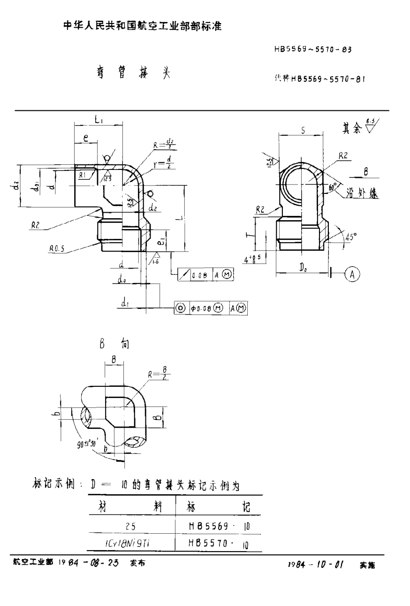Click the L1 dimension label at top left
(x=99, y=120)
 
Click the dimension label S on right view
(x=303, y=131)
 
